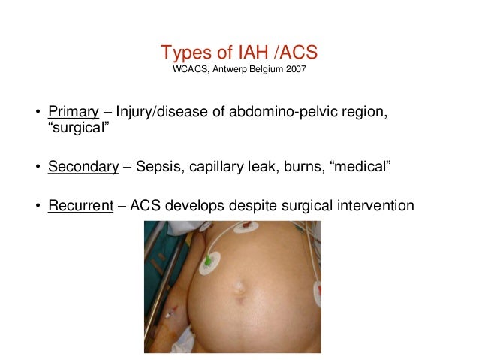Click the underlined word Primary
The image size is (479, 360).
(74, 113)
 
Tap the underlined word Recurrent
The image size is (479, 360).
(81, 204)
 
